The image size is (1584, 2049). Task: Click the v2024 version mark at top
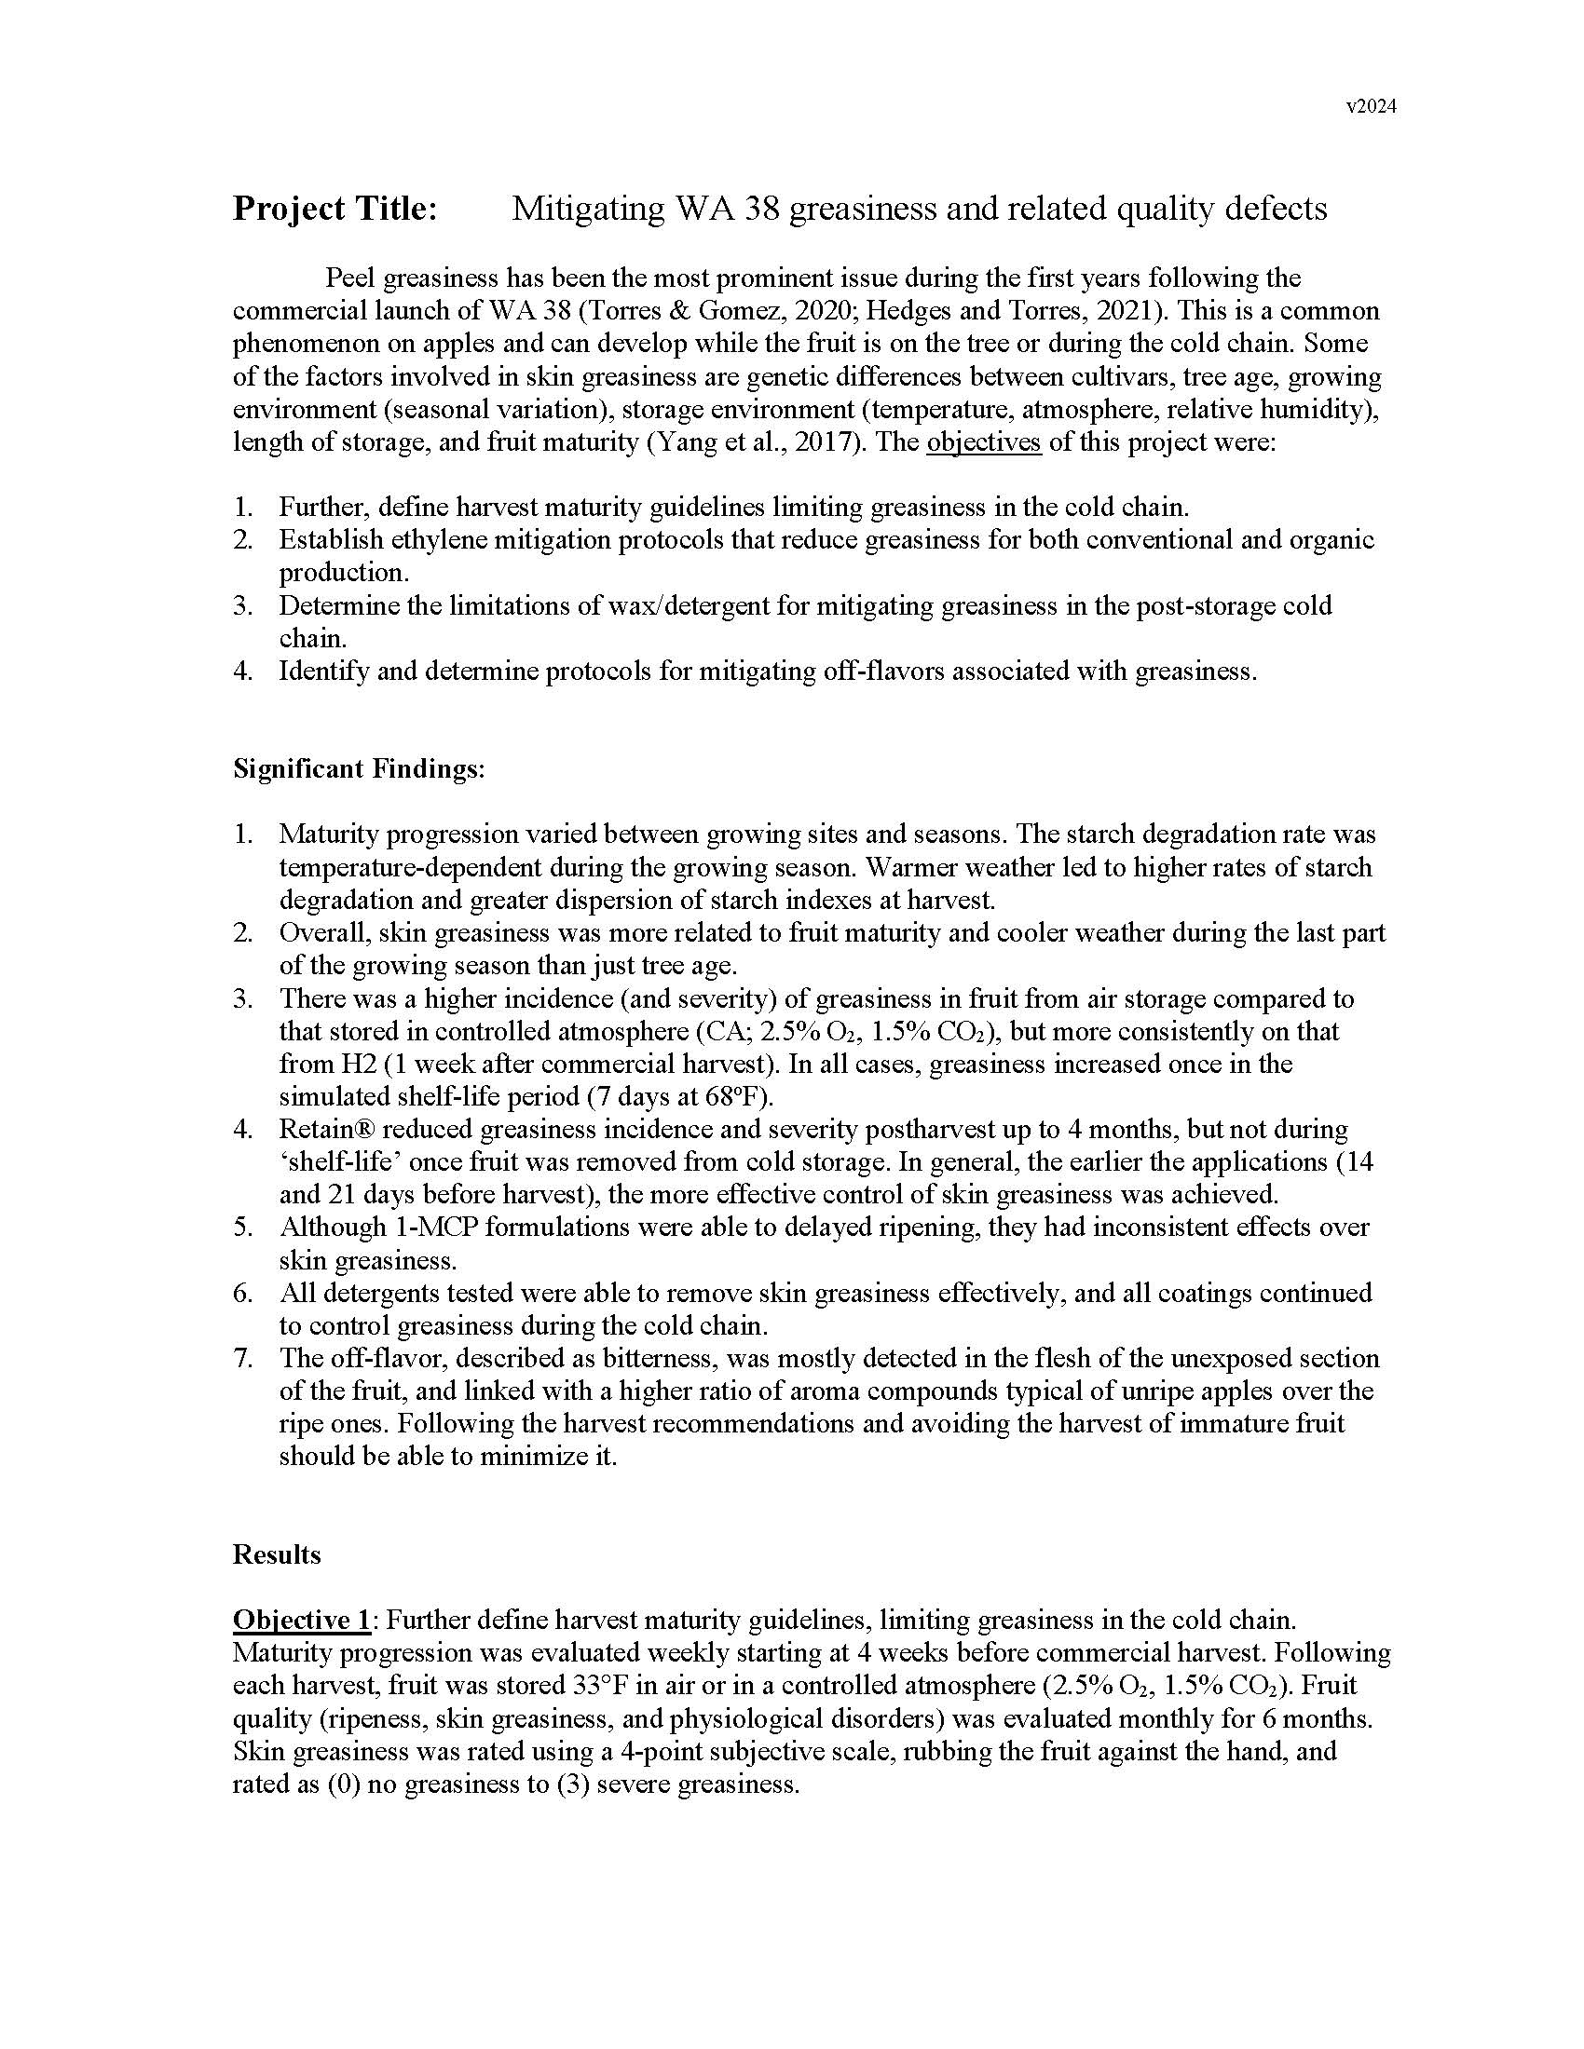click(1371, 107)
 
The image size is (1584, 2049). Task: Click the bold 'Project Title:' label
click(335, 209)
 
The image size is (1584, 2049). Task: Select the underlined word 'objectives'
click(983, 441)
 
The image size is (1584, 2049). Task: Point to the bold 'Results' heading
click(277, 1554)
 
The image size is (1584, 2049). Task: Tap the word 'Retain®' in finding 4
click(327, 1129)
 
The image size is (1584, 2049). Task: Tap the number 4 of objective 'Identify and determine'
click(243, 672)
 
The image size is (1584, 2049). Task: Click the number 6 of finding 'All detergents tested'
click(243, 1293)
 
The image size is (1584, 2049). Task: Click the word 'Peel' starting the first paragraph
click(351, 278)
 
